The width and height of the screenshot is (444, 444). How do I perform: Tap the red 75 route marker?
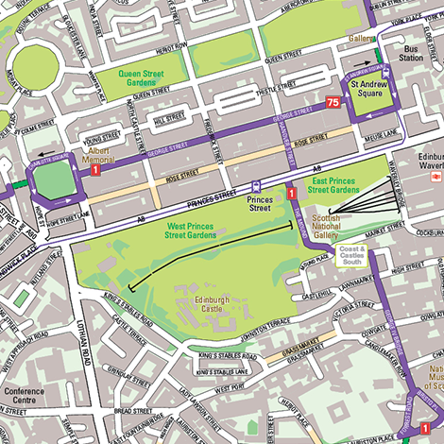[333, 101]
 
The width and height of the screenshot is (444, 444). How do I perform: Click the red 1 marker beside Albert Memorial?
[95, 166]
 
